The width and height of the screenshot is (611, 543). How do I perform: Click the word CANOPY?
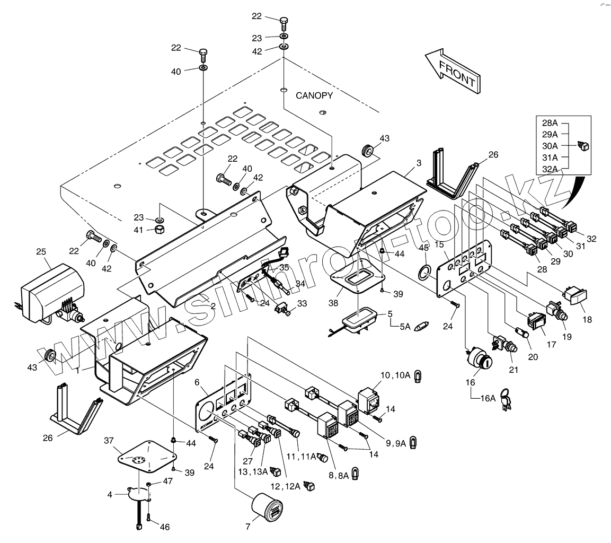[314, 96]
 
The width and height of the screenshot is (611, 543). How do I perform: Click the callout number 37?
[109, 441]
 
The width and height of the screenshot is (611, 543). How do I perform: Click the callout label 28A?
[550, 123]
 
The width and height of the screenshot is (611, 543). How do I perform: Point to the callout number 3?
[419, 163]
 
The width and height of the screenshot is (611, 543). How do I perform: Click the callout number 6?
[197, 383]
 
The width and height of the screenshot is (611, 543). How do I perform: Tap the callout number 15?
[439, 244]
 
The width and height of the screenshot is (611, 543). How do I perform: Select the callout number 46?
[165, 527]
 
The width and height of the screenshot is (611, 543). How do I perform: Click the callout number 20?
[533, 357]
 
